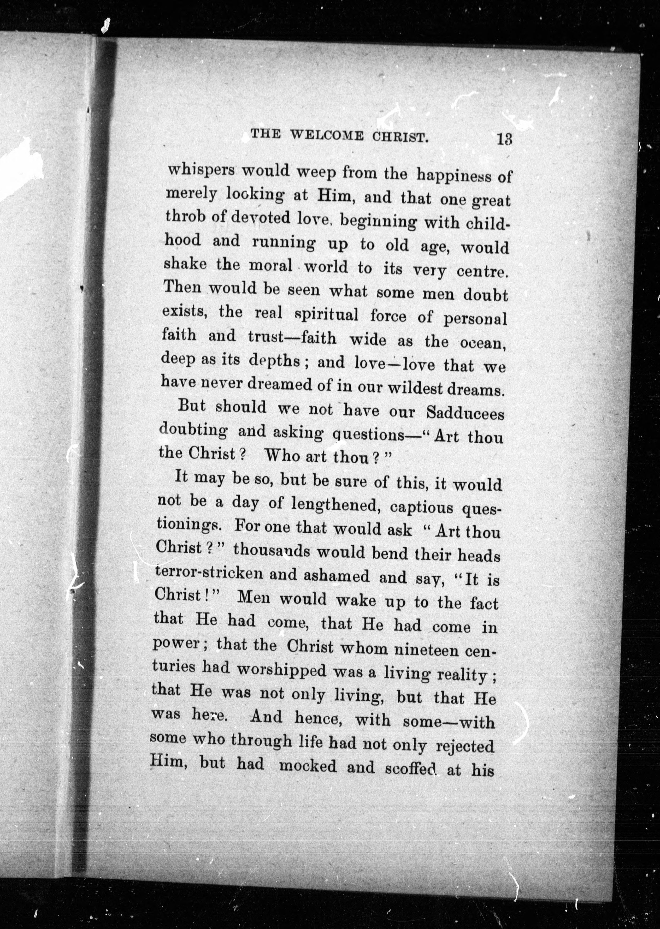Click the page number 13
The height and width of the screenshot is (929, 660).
pos(504,139)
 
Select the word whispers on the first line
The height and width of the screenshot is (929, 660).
pos(201,170)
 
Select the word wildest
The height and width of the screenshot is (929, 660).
pos(414,388)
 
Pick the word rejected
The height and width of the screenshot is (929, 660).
pos(464,746)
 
